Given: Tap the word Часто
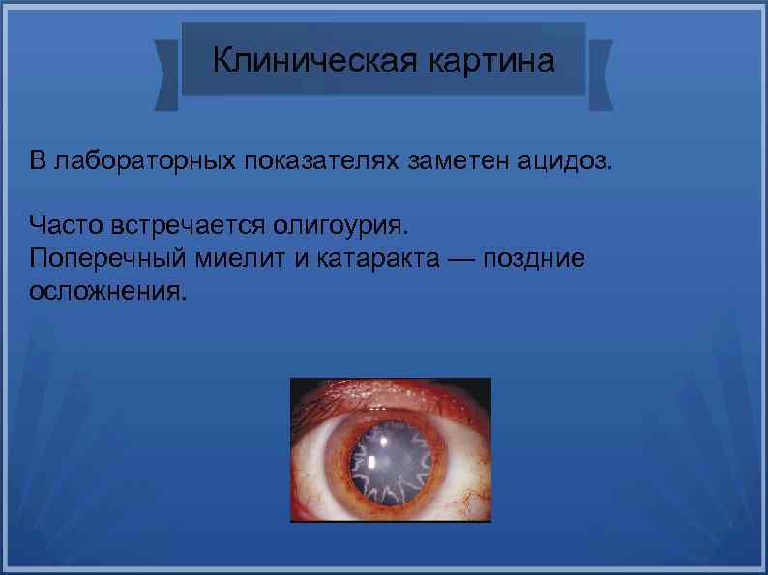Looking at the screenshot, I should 63,226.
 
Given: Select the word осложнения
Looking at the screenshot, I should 105,291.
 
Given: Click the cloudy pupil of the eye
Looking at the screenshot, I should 390,461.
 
